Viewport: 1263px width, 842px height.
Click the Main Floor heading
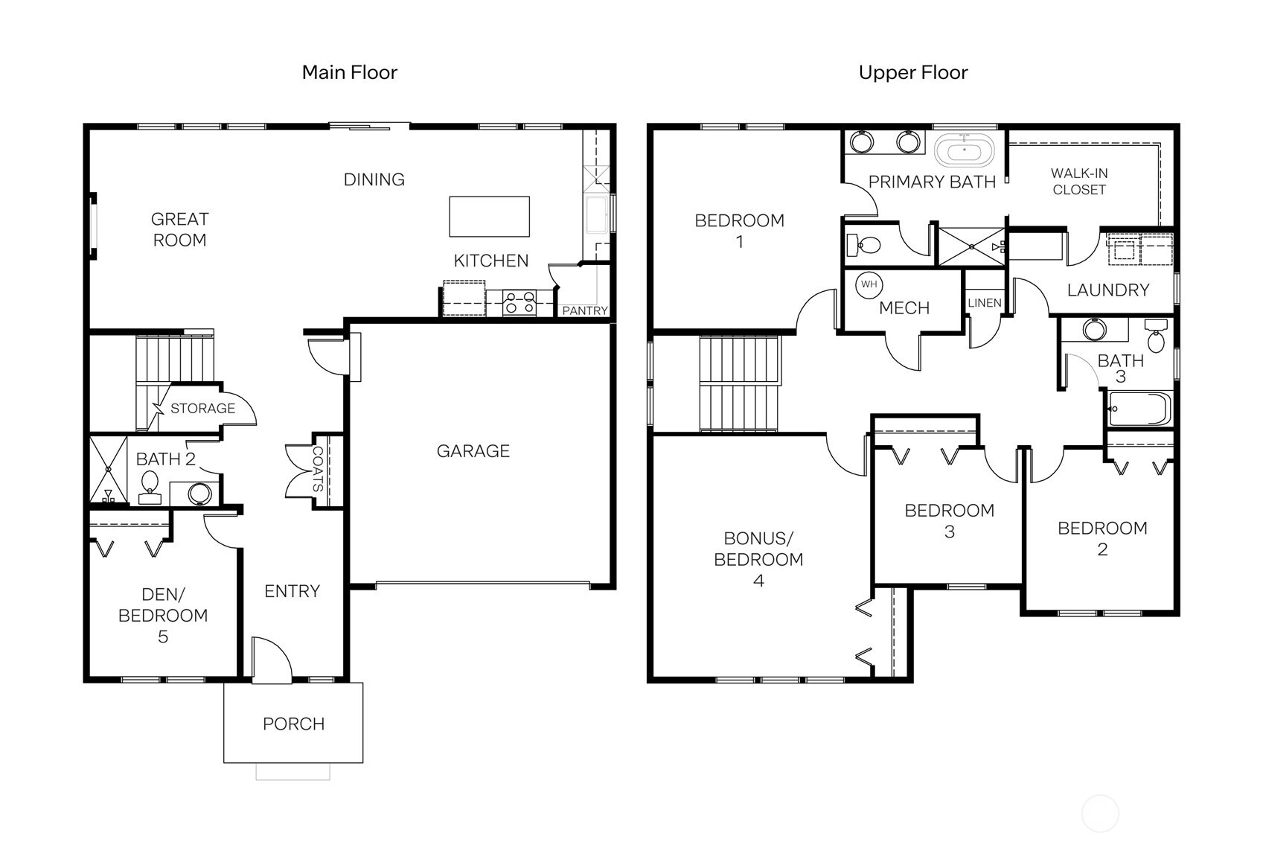pos(349,72)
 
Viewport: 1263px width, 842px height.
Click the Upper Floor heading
pos(912,72)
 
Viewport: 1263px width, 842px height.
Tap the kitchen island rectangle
pos(489,216)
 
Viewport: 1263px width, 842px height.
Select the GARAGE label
pos(473,450)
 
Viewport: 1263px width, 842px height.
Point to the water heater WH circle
pos(869,284)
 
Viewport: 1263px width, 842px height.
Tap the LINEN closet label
pos(985,303)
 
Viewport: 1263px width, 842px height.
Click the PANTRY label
pos(584,310)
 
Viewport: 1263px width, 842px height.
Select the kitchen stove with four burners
pos(519,302)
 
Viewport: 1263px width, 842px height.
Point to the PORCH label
pos(293,724)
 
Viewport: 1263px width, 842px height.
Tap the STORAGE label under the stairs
pos(202,408)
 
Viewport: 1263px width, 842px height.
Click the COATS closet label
pos(318,469)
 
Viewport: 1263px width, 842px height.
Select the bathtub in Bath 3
pos(1139,409)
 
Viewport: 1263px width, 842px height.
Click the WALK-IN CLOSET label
pos(1078,181)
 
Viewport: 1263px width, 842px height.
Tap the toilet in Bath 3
pos(1155,337)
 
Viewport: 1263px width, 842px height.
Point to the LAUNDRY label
pos(1107,290)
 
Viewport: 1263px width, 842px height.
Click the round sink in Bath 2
pos(199,494)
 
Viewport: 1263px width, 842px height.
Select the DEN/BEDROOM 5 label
pos(162,615)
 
